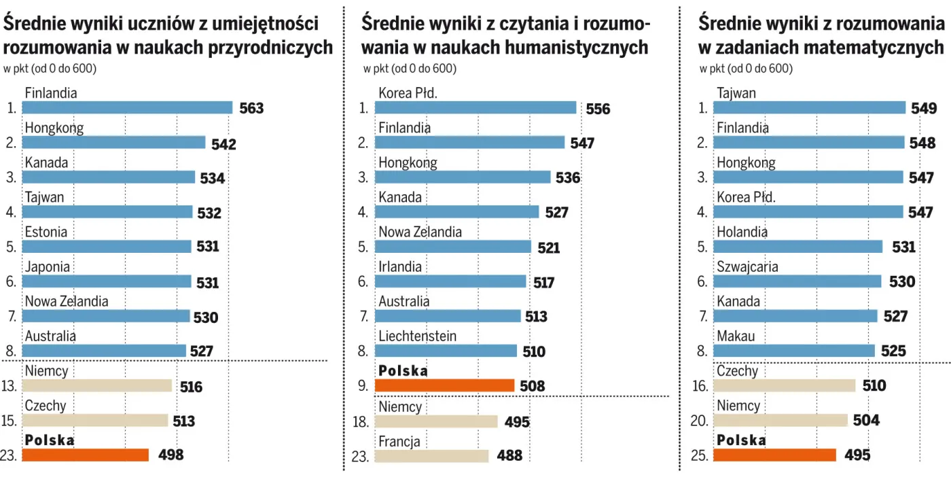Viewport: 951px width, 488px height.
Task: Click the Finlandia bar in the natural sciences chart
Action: pos(127,107)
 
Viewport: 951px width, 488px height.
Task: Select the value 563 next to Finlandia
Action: pos(251,108)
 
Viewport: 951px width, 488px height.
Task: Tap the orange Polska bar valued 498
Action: pos(86,455)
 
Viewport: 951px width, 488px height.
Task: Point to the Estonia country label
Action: pos(46,232)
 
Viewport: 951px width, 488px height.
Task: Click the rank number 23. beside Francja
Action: pos(360,456)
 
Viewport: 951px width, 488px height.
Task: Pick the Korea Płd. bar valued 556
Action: pos(475,107)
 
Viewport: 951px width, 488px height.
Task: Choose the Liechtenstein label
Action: pos(418,336)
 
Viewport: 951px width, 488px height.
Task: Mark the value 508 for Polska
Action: pos(533,386)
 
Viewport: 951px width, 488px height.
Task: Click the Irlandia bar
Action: pos(450,281)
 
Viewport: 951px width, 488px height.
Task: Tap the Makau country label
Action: pos(736,336)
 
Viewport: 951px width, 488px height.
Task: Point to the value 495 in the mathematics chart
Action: pos(857,455)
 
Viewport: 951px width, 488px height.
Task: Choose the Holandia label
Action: pos(742,232)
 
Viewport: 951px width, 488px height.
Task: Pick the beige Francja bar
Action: pos(431,455)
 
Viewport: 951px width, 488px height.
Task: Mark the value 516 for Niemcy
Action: pos(191,387)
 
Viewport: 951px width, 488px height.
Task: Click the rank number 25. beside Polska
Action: pos(699,456)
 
